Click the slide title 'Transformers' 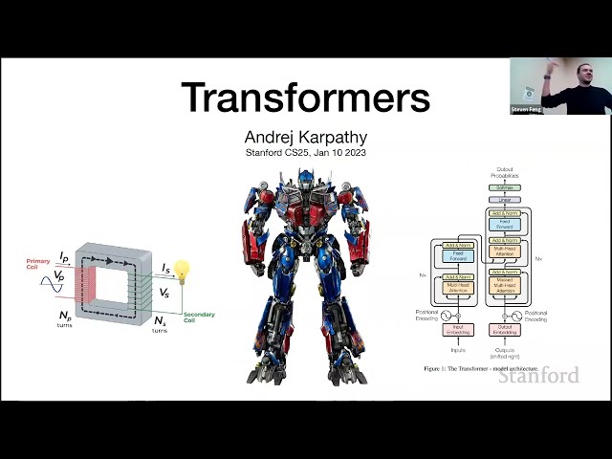(305, 97)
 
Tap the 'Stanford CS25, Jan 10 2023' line (305, 152)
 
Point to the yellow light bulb (182, 271)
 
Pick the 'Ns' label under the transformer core (158, 322)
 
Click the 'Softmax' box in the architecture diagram (504, 187)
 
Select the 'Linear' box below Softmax (504, 200)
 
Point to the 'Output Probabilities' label (504, 173)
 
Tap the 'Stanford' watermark (538, 375)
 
